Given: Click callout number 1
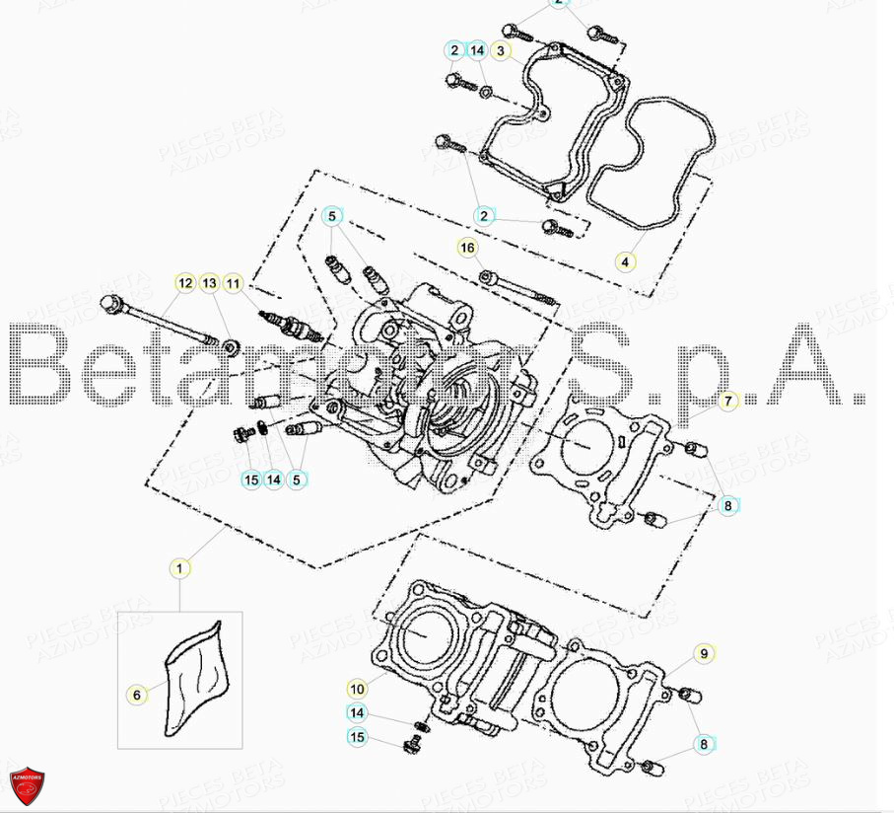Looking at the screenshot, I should coord(179,567).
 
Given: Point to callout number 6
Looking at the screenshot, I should coord(137,695).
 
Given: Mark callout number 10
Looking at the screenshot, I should coord(357,688).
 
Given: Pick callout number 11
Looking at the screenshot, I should coord(233,284).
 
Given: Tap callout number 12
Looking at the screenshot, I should coord(185,284).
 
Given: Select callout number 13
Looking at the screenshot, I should coord(209,284).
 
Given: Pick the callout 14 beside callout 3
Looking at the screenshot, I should coord(477,50).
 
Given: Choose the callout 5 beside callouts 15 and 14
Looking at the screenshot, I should coord(297,480).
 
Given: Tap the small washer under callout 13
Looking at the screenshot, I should coord(231,345).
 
